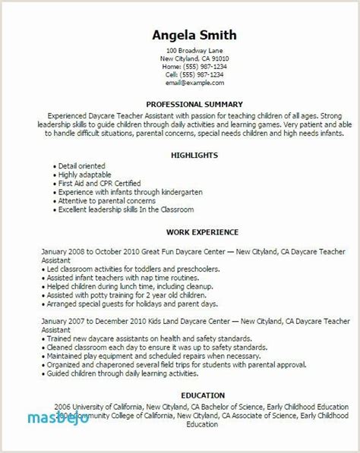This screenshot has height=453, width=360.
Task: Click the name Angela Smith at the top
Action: tap(194, 35)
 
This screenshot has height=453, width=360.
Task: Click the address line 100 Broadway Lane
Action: tap(194, 50)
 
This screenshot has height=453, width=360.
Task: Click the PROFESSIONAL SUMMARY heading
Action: tap(195, 103)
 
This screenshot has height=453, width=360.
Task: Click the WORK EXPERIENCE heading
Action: tap(195, 232)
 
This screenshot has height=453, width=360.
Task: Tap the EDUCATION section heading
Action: tap(195, 395)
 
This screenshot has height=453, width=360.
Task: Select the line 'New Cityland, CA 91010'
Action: tap(194, 58)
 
